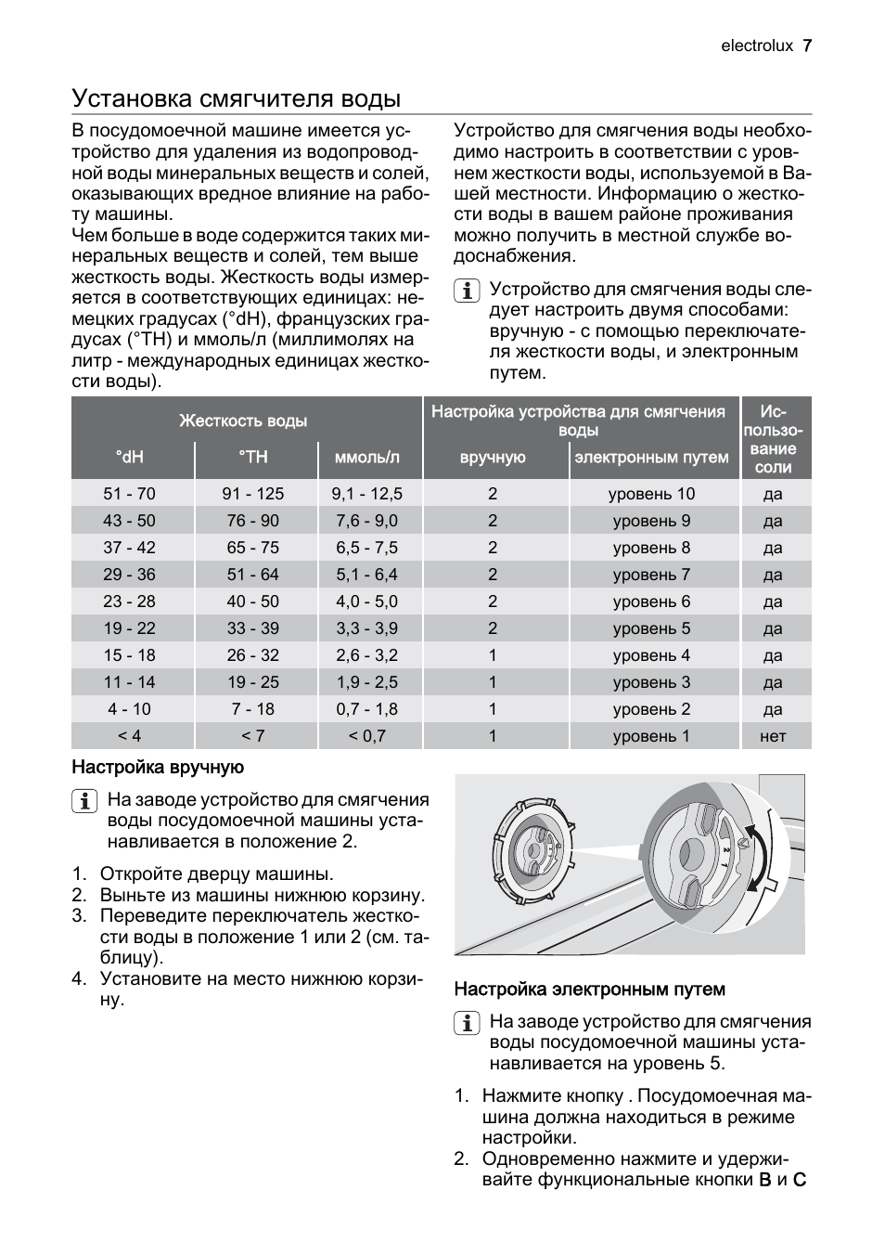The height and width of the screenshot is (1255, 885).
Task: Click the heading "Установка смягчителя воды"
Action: coord(237,98)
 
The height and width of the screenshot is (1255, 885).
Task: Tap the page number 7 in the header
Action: coord(807,45)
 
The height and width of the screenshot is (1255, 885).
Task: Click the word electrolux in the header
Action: coord(756,45)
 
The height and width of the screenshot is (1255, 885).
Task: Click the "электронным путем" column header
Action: coord(651,457)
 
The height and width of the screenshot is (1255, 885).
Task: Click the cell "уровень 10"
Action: coord(651,494)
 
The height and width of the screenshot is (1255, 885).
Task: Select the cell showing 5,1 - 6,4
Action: coord(367,575)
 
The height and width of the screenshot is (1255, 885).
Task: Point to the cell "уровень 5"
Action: coord(651,628)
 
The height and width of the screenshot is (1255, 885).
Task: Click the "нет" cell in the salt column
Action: coord(773,736)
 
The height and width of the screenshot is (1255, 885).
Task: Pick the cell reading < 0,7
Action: coord(367,736)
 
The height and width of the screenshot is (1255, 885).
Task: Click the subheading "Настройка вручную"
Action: coord(158,768)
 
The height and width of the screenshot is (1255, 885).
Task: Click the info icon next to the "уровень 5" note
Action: coord(466,1023)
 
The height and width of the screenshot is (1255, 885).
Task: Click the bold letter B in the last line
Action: coord(765,1180)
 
